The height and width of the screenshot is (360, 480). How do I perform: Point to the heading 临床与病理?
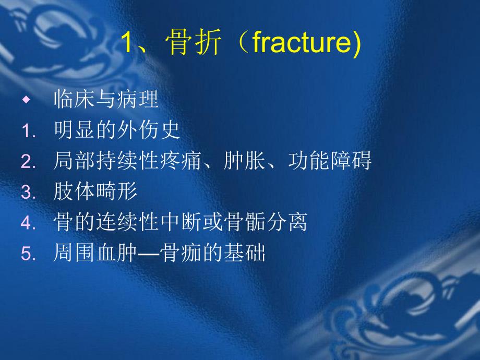pyautogui.click(x=106, y=99)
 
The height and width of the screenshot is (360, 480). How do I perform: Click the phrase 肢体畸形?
pyautogui.click(x=95, y=192)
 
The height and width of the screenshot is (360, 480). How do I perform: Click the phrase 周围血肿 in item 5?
pyautogui.click(x=95, y=254)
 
